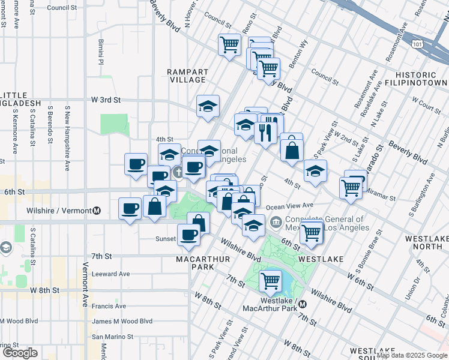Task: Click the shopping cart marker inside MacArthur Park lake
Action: (x=271, y=280)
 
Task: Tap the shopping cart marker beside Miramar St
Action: (x=351, y=187)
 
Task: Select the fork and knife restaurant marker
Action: (x=265, y=132)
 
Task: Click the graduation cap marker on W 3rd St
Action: (x=208, y=107)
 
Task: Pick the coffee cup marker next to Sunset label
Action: (x=188, y=235)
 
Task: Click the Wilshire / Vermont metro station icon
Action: (x=97, y=211)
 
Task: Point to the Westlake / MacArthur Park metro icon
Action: (x=303, y=304)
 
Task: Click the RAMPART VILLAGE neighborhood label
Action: (x=187, y=76)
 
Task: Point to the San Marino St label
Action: (x=116, y=337)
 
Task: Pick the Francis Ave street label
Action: (x=109, y=306)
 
